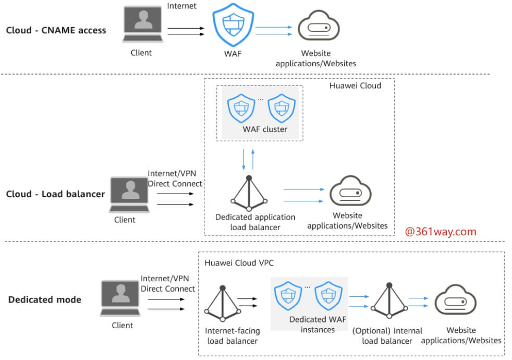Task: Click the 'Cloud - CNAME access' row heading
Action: pos(56,30)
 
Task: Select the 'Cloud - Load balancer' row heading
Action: pos(55,194)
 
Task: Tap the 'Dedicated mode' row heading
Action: pos(45,299)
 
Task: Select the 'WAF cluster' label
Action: pos(265,129)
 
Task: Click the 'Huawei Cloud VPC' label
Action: pos(239,263)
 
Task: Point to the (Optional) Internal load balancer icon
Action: pos(387,303)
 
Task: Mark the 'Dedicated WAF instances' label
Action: pos(318,324)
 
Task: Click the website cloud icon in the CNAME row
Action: pos(318,28)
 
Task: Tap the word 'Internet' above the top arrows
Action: pos(182,6)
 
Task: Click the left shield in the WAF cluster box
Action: pos(241,109)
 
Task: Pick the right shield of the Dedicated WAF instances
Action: pos(328,296)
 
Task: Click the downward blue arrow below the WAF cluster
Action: pos(244,159)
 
